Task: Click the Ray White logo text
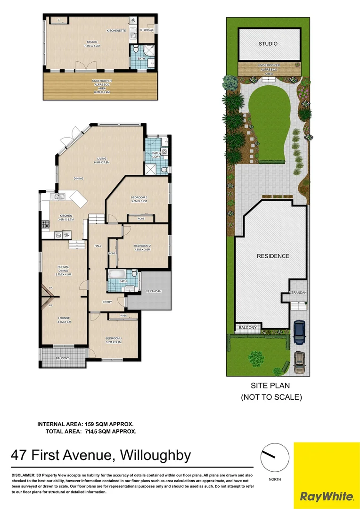pyautogui.click(x=327, y=496)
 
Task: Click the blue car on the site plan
pyautogui.click(x=299, y=333)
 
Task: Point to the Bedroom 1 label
pyautogui.click(x=113, y=339)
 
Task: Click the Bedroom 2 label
pyautogui.click(x=142, y=246)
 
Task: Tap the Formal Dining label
pyautogui.click(x=63, y=269)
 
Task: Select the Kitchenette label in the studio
pyautogui.click(x=116, y=31)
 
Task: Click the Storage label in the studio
pyautogui.click(x=147, y=30)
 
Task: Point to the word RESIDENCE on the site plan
pyautogui.click(x=273, y=256)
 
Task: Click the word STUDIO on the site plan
pyautogui.click(x=268, y=44)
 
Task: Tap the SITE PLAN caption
pyautogui.click(x=270, y=386)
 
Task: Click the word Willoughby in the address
pyautogui.click(x=155, y=456)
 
